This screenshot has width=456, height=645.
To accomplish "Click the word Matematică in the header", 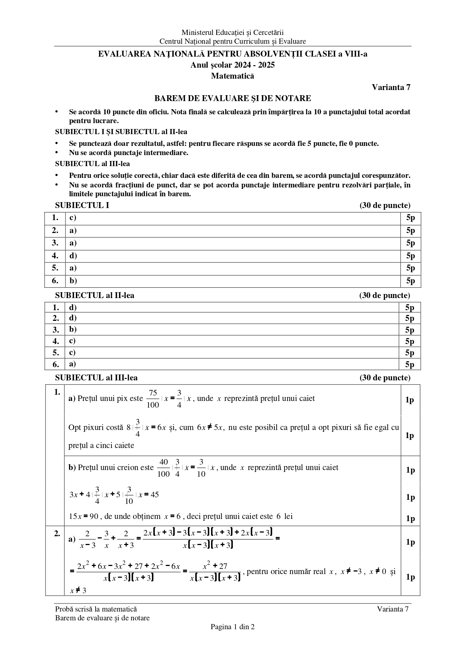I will coord(232,76).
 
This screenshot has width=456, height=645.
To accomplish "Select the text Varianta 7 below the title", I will coord(391,87).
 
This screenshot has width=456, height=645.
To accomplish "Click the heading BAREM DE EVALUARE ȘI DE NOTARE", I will coord(232,98).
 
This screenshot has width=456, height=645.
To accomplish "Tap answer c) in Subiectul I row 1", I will coord(73,218).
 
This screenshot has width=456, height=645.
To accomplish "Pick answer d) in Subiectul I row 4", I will coord(73,255).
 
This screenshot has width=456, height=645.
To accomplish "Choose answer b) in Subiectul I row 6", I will coord(73,281).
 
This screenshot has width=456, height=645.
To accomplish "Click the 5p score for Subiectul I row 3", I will coord(410,243).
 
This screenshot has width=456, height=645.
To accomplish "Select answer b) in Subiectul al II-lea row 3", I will coord(73,329).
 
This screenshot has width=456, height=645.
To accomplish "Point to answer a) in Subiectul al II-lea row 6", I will coord(73,364).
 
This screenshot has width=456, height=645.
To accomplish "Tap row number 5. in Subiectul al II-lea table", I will coord(56,352).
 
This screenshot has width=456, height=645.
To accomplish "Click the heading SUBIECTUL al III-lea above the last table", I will coord(96,377).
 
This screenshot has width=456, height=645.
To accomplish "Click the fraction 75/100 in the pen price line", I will coord(153,399).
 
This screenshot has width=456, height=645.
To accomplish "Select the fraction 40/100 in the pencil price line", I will coord(164,468).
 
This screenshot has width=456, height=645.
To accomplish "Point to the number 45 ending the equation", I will coord(155,494).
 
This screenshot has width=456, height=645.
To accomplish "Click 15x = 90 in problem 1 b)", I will coord(84,516).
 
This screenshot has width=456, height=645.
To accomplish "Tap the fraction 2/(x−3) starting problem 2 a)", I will coord(88,539).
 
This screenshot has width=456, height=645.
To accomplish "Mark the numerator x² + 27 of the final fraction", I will coord(215,566).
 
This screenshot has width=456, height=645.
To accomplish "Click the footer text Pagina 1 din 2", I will coord(232,627).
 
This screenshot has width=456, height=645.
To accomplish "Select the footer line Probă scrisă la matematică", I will coord(96,609).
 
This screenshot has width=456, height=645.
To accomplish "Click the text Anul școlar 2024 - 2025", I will coord(232,65).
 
